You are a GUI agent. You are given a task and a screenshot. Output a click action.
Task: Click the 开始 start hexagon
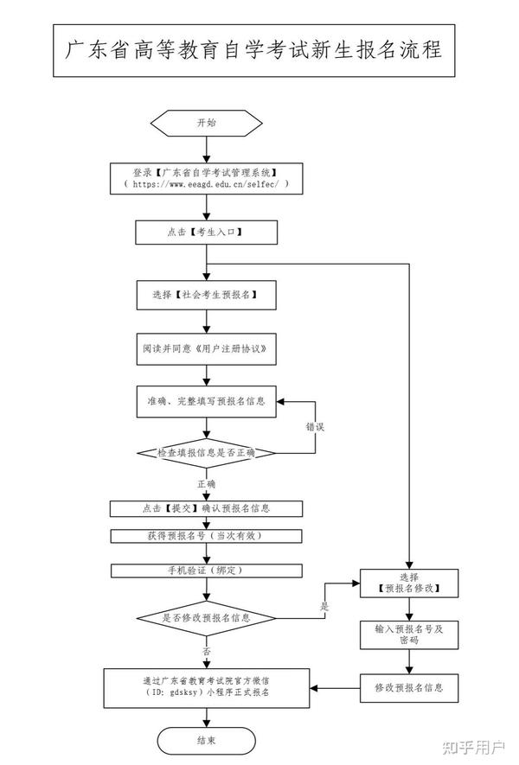click(206, 123)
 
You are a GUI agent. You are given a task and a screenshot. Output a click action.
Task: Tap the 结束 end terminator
click(206, 741)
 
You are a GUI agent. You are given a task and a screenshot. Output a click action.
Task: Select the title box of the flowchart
click(254, 51)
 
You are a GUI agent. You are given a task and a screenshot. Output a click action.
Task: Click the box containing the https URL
click(206, 179)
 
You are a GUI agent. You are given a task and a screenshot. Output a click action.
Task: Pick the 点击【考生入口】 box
click(206, 233)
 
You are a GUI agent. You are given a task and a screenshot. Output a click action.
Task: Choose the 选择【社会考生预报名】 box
click(206, 295)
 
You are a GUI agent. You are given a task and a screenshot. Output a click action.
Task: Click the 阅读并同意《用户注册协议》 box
click(206, 349)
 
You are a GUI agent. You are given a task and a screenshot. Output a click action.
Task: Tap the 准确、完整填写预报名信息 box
click(206, 402)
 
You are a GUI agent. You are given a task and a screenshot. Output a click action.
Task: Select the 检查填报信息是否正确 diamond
click(206, 453)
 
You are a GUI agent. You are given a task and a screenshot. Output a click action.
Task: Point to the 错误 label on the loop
click(315, 427)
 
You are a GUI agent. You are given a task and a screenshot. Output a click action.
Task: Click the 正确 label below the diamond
click(206, 484)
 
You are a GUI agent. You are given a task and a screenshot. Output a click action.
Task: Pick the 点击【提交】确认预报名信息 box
click(206, 508)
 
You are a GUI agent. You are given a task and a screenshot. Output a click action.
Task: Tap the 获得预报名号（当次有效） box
click(206, 536)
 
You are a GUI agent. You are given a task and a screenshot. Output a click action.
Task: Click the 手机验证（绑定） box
click(206, 571)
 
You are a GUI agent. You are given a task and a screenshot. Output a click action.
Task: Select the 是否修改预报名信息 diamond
click(206, 618)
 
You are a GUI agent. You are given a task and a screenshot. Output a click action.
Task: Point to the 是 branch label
click(324, 607)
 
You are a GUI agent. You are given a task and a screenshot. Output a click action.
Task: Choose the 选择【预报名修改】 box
click(409, 583)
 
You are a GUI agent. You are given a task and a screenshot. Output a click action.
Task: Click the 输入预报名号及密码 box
click(409, 634)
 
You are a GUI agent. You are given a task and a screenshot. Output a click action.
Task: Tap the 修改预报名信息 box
click(409, 688)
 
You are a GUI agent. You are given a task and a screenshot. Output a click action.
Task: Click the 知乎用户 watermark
click(473, 747)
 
